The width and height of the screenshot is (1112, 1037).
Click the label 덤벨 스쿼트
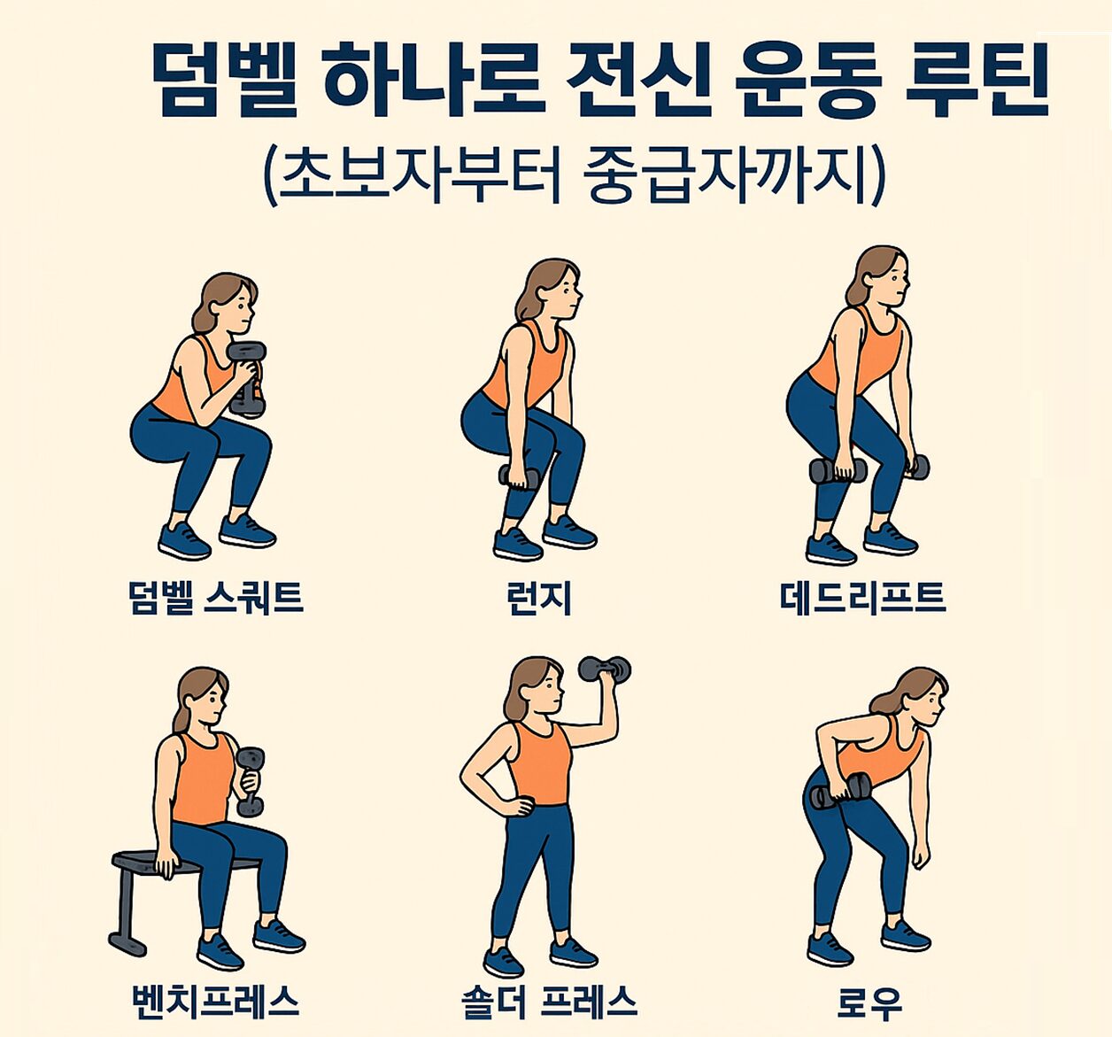tap(216, 598)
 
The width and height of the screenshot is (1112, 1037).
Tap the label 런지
tap(538, 599)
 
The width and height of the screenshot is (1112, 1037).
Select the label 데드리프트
tap(862, 598)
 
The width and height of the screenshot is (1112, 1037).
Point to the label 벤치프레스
tap(215, 1002)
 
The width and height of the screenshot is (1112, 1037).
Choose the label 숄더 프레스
tap(549, 1002)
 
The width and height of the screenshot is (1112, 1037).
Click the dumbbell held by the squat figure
tap(247, 378)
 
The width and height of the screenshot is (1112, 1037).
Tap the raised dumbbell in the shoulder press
tap(605, 669)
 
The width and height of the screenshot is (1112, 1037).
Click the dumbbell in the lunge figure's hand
tap(519, 477)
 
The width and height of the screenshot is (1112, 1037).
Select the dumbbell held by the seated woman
tap(251, 781)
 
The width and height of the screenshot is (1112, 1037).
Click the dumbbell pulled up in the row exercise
tap(842, 790)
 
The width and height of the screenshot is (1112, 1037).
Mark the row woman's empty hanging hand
tap(921, 856)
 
